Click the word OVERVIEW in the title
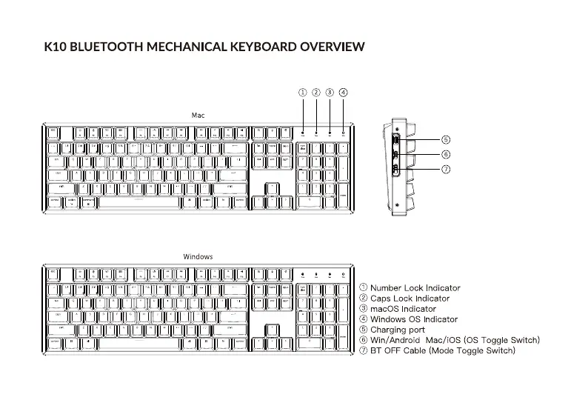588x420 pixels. [332, 47]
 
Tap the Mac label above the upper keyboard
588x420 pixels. [198, 116]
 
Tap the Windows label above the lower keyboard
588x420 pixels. [198, 256]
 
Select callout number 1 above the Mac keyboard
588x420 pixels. [303, 93]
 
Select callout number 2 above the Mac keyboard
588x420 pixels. [316, 93]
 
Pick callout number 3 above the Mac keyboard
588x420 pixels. [330, 93]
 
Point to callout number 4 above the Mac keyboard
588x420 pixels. [343, 93]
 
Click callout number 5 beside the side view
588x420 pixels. [446, 139]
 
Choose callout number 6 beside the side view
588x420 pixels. [446, 154]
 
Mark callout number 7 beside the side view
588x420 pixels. [446, 170]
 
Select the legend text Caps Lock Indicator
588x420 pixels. [410, 299]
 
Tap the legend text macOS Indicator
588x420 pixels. [403, 309]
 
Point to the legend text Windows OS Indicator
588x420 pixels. [414, 319]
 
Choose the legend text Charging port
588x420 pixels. [398, 330]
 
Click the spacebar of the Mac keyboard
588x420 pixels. [138, 201]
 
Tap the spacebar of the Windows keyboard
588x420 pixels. [138, 342]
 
